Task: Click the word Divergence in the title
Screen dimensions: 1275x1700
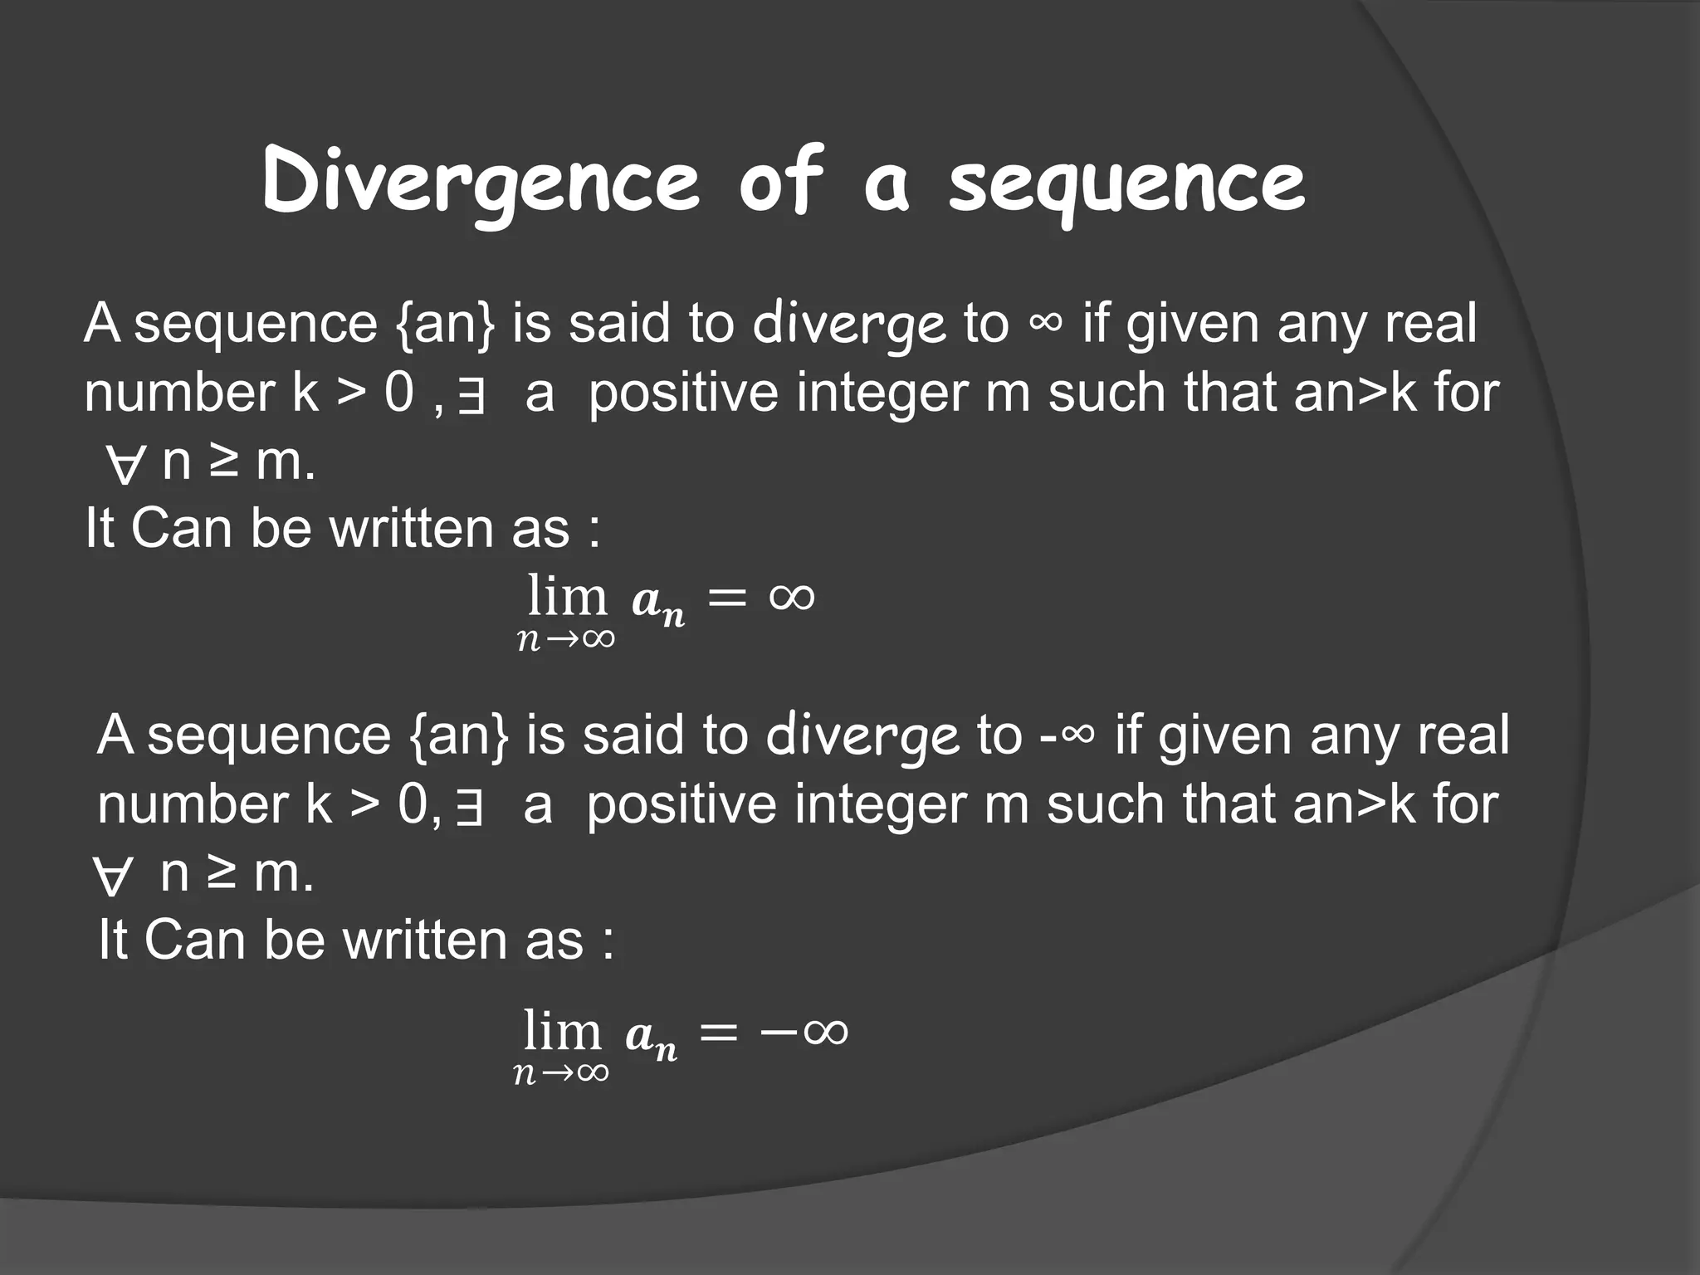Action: [x=481, y=183]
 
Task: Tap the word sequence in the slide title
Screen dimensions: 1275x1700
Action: [x=1126, y=183]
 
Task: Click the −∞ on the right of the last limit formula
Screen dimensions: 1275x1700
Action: [x=804, y=1032]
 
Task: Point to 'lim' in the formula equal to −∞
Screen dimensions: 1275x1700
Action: [x=562, y=1032]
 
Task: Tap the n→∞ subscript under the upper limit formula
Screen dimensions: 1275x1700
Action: [x=566, y=638]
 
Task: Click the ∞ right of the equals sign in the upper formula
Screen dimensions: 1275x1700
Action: [x=792, y=596]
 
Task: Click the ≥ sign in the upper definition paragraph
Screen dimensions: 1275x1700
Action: [x=222, y=462]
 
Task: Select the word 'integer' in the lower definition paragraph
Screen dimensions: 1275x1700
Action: [x=880, y=805]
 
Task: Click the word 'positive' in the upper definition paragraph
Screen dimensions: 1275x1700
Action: [x=683, y=393]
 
